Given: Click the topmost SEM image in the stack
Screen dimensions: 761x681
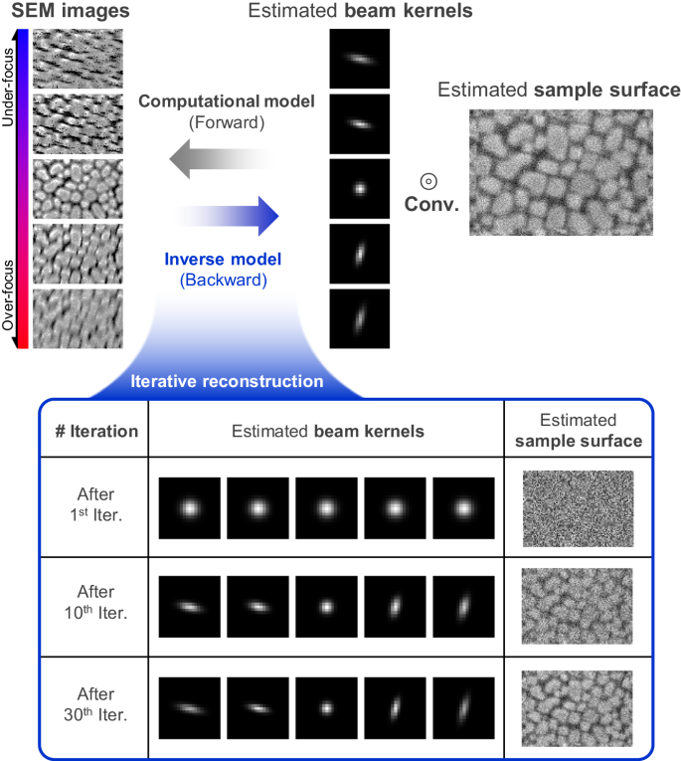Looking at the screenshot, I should coord(77,59).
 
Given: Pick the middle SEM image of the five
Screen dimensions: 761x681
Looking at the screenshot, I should coord(77,188).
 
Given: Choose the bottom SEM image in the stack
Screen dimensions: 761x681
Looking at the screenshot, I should coord(77,317).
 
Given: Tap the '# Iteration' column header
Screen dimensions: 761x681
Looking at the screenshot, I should coord(93,431).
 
